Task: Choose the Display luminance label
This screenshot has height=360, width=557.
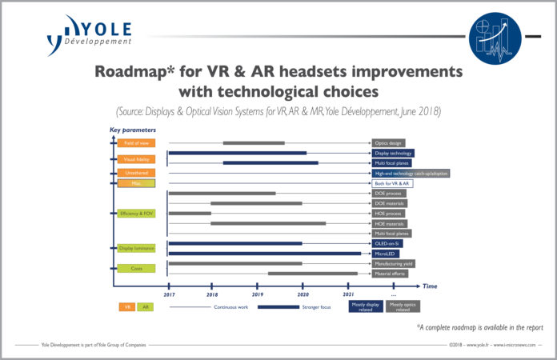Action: tap(135, 248)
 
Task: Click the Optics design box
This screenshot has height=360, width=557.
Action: tap(388, 142)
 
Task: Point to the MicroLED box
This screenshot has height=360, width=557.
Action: tap(387, 254)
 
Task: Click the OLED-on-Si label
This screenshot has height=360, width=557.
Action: tap(388, 243)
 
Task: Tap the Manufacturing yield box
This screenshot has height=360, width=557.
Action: tap(395, 263)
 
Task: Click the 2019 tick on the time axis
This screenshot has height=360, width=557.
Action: tap(258, 286)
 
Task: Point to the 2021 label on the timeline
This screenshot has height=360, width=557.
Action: tap(349, 295)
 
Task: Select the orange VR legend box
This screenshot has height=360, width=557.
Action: tap(127, 306)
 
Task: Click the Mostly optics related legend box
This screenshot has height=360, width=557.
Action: tap(403, 306)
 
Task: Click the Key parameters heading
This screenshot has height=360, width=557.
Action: tap(133, 129)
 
